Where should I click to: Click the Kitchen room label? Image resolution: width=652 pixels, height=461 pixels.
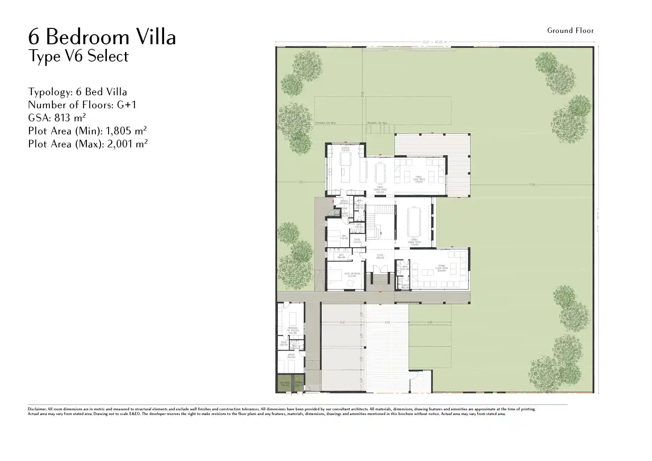(x=345, y=149)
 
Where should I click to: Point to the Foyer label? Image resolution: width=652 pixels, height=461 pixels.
(x=380, y=256)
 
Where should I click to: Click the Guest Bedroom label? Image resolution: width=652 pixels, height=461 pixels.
(x=352, y=274)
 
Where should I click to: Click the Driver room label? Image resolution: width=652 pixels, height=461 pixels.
(x=291, y=356)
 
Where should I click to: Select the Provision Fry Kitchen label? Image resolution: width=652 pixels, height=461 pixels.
(x=292, y=330)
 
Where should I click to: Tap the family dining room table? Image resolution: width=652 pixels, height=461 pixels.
(x=380, y=173)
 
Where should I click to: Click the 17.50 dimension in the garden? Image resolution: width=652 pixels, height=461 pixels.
(x=532, y=185)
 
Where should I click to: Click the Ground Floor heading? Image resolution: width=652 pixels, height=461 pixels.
(x=570, y=31)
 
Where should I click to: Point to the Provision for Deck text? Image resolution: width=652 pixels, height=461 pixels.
(x=325, y=123)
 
